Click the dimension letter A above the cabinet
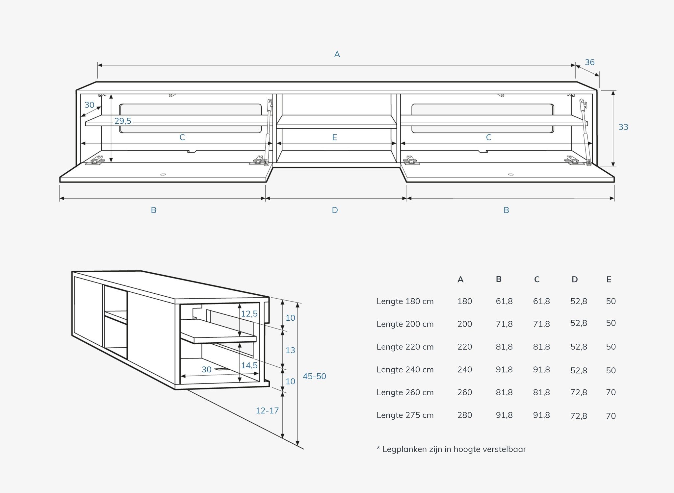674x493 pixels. [x=337, y=54]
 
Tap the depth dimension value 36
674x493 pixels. [x=590, y=62]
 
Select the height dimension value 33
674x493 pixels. [x=623, y=127]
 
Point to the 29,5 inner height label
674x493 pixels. [x=123, y=121]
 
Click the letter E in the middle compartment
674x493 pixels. [x=335, y=137]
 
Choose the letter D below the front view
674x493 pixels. [x=335, y=210]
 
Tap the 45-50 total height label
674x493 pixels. [x=314, y=376]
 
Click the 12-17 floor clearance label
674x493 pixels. [x=267, y=410]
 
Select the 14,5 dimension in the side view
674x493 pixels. [x=249, y=365]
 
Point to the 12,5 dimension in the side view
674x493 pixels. [x=249, y=314]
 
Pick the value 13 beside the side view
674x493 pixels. [x=290, y=350]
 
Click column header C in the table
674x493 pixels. [x=537, y=280]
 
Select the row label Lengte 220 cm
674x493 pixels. [x=405, y=347]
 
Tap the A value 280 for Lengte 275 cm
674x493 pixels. [x=465, y=415]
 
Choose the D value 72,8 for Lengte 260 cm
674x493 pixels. [x=579, y=392]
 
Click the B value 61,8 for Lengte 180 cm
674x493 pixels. [x=504, y=301]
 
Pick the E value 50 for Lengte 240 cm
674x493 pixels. [x=611, y=370]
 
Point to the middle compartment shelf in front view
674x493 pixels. [x=336, y=122]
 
